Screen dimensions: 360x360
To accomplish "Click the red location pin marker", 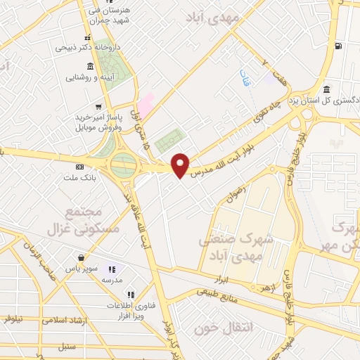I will click(181, 165).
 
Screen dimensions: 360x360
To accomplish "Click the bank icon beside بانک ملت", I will click(79, 167).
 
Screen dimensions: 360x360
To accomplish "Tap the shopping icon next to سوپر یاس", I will click(83, 257).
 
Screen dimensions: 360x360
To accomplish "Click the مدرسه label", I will click(112, 279).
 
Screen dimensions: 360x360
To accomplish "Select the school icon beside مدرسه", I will click(111, 269).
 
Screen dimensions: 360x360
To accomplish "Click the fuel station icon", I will click(340, 47).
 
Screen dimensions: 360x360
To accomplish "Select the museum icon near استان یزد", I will click(327, 89).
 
